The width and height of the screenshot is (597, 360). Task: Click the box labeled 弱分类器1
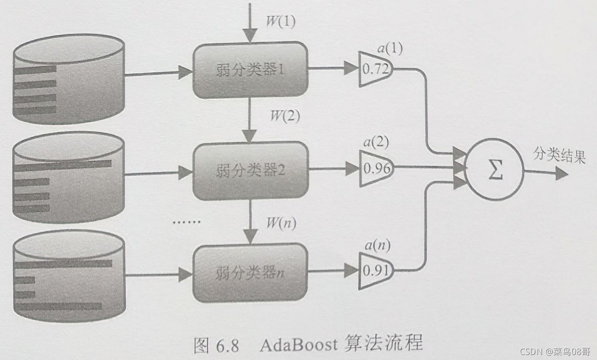point(251,70)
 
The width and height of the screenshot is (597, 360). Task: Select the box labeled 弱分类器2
point(251,171)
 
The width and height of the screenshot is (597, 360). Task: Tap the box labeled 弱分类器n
point(251,273)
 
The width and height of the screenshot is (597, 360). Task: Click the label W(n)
point(281,224)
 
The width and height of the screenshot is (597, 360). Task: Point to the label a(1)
point(389,48)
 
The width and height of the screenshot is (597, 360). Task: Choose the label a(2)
point(376,142)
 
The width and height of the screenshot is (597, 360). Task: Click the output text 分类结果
point(559,157)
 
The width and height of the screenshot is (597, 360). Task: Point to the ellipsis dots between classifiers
point(186,223)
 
